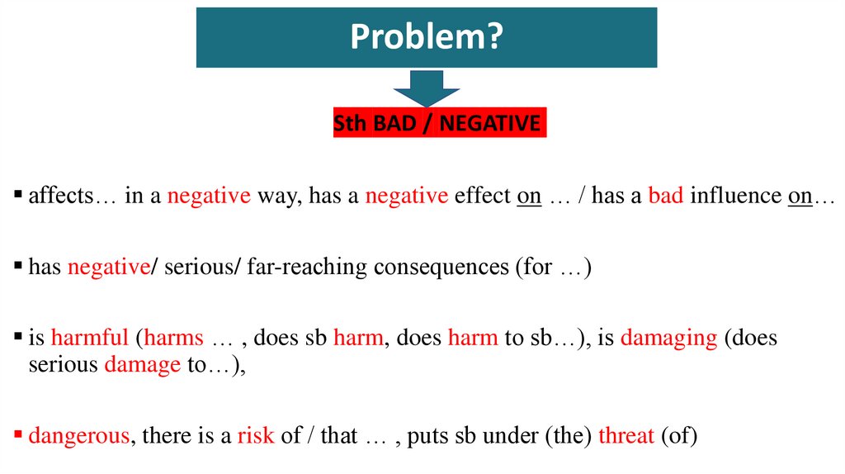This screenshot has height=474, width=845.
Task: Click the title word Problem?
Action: tap(426, 37)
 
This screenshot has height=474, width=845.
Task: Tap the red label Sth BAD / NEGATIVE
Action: tap(440, 124)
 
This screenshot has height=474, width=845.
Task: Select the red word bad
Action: tap(665, 197)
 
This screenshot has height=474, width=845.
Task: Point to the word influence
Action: tap(735, 197)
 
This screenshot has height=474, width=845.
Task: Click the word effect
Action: tap(483, 197)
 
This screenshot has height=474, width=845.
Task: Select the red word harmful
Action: tap(89, 339)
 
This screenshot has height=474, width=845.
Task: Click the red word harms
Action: tap(174, 339)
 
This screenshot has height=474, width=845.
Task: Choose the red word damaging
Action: tap(668, 339)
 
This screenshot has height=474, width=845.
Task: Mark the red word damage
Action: tap(142, 365)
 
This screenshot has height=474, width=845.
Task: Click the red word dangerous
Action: tap(78, 435)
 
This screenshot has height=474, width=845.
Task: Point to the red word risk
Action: tap(255, 435)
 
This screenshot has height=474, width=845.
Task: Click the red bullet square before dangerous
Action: tap(19, 433)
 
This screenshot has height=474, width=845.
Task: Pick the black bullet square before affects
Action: tap(19, 195)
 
